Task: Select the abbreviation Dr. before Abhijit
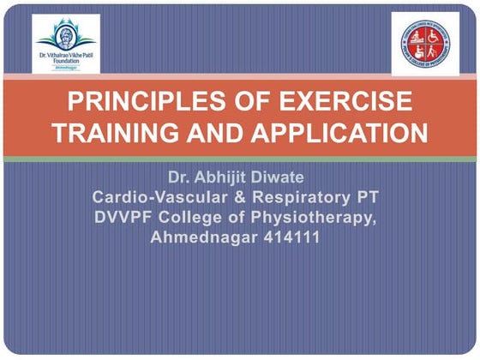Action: (180, 180)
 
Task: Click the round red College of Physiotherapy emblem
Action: (420, 42)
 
